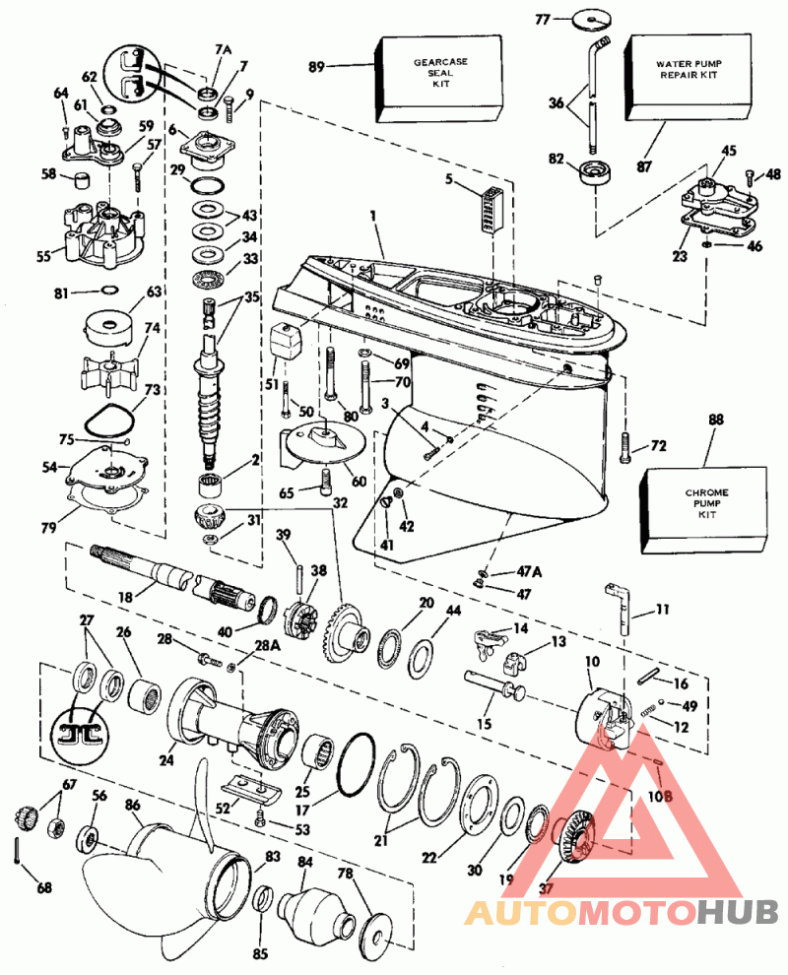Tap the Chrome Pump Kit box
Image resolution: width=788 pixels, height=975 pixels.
(x=703, y=505)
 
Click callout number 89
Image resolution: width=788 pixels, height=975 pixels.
(x=316, y=67)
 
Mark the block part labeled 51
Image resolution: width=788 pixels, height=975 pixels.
(x=284, y=344)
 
